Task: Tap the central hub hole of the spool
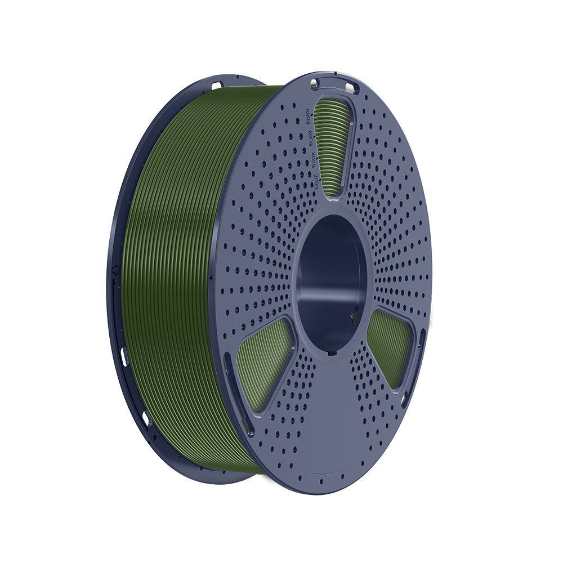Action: [329, 281]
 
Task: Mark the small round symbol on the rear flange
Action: [115, 270]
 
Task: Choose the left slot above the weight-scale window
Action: [314, 84]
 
